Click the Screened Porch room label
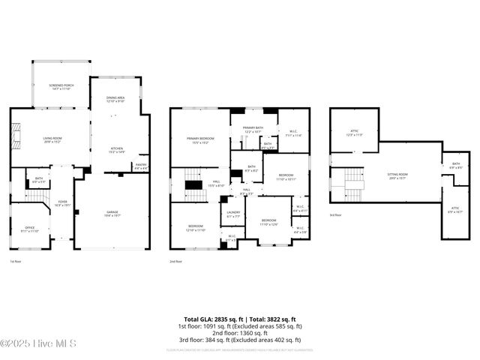tap(62, 86)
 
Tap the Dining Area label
tap(116, 98)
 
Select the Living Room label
tap(52, 139)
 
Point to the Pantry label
tap(140, 166)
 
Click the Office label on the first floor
tap(30, 229)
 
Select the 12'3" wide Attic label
tap(355, 133)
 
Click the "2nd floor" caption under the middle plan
tap(176, 262)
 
